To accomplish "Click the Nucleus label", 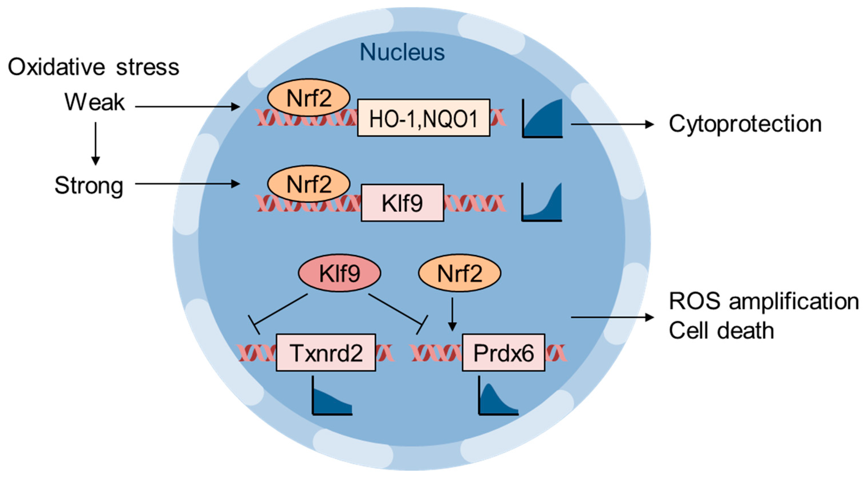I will click(x=402, y=52).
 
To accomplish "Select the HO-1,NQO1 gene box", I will click(x=423, y=118).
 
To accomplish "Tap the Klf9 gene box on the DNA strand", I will click(x=402, y=203).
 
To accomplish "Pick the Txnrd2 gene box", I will click(x=326, y=353).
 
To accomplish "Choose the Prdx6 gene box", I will click(x=503, y=353).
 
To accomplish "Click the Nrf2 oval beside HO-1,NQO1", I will click(x=309, y=98).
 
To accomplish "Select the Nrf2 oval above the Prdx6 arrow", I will click(x=459, y=273).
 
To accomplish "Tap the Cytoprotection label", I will click(x=745, y=124).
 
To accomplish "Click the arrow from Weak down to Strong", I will click(x=96, y=143).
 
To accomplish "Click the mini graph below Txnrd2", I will click(x=332, y=398).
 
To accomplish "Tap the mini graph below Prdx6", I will click(x=498, y=398).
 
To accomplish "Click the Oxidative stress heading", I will click(x=94, y=67).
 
